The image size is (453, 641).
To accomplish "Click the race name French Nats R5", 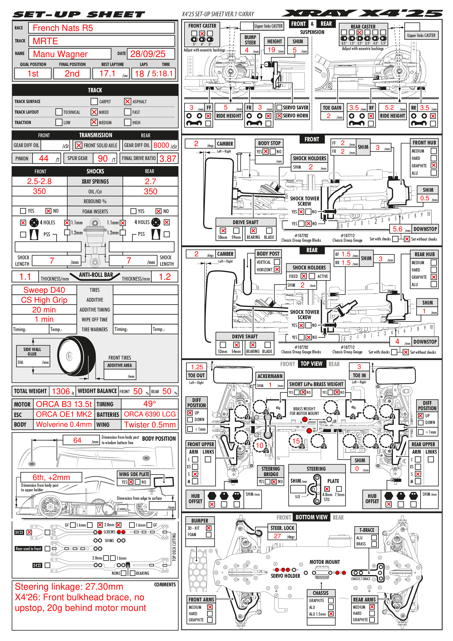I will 63,28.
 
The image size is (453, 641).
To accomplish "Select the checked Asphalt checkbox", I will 127,101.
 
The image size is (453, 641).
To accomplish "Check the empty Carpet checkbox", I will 94,101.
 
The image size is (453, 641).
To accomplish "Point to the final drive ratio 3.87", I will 168,159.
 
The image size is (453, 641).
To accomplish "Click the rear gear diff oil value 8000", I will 161,145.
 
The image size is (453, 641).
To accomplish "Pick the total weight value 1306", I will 61,391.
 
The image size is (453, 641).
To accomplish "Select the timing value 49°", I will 150,404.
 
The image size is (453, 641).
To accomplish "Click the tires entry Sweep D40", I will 44,290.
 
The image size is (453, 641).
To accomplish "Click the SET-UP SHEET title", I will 79,14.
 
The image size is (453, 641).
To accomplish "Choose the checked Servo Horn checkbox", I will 279,116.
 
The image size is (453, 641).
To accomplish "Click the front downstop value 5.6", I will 397,229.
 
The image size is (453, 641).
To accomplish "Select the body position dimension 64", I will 77,440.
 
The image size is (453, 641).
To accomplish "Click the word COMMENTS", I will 165,584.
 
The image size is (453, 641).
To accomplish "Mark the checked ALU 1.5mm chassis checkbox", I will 331,614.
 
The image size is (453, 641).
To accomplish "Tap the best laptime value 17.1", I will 107,73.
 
